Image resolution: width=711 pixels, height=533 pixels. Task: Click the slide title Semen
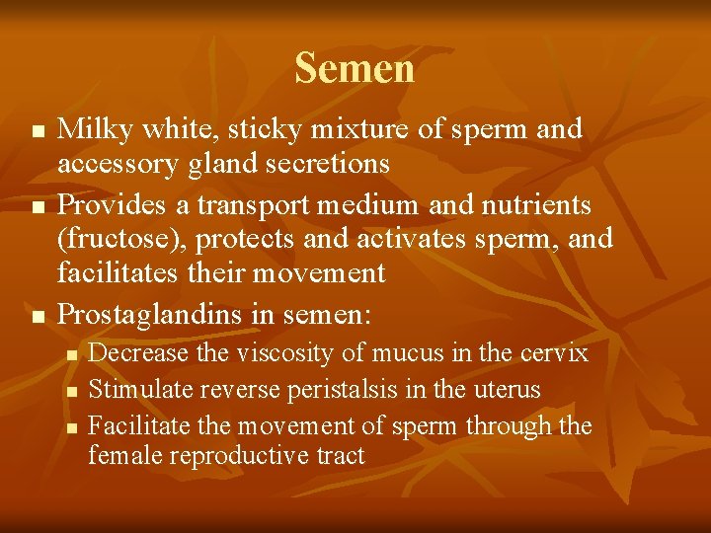click(355, 69)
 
